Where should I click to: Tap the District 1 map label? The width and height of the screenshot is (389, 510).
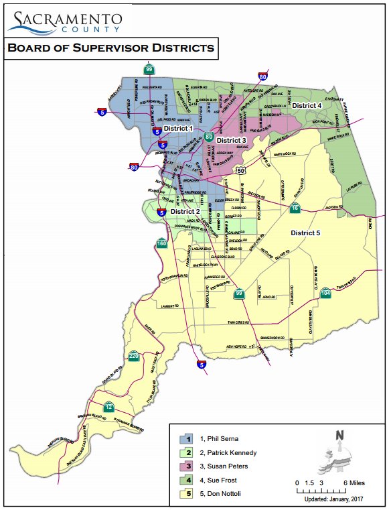[178, 128]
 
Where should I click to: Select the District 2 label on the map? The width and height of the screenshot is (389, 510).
[185, 211]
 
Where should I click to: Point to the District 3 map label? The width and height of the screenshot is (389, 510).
[232, 140]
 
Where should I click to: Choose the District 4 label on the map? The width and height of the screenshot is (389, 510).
[307, 106]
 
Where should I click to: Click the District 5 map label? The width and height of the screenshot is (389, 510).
[305, 233]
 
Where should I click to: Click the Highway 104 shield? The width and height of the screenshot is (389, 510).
[325, 292]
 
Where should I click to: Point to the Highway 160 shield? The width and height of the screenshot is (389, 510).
[161, 243]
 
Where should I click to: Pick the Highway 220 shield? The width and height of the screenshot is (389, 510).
[135, 356]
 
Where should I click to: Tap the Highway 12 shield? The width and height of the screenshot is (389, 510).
[108, 407]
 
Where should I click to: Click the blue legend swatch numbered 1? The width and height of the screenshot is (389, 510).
[189, 438]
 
